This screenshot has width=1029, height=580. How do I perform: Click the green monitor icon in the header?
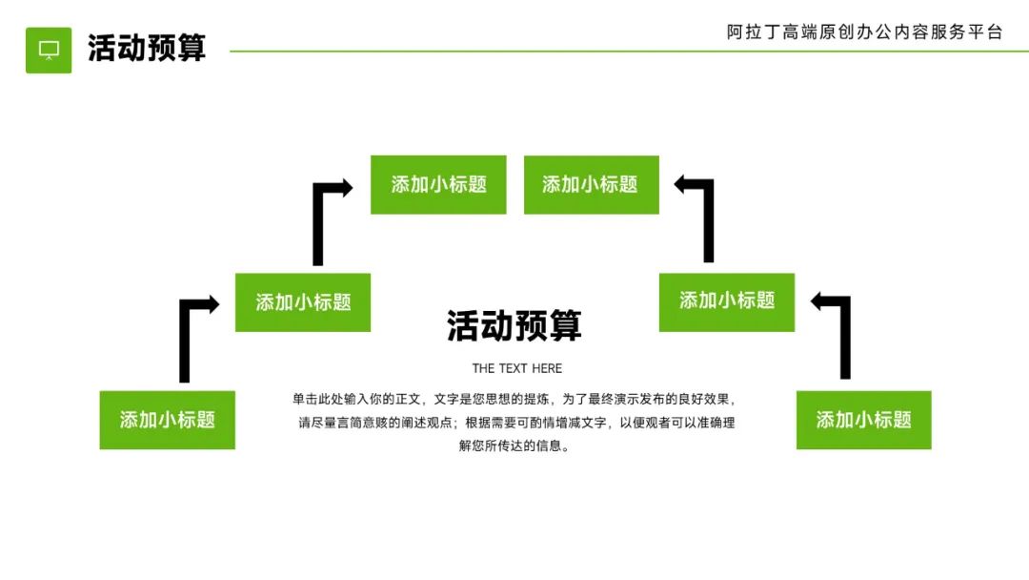tap(49, 50)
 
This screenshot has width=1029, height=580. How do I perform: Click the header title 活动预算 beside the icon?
tap(147, 49)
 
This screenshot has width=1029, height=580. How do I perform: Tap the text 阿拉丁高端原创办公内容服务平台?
tap(864, 32)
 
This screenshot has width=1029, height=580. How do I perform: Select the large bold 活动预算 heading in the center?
tap(514, 326)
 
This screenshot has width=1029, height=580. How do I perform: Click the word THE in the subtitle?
tap(483, 368)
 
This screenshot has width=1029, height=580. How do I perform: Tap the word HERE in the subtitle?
tap(547, 368)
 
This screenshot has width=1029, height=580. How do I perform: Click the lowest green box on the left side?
tap(167, 420)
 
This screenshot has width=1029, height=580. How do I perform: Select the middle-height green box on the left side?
tap(303, 302)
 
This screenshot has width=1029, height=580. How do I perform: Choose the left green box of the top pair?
tap(438, 185)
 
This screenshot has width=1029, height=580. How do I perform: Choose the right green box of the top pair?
tap(591, 185)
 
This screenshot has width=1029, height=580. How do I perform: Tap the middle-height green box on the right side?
tap(726, 301)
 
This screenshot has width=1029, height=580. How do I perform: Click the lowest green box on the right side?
tap(863, 420)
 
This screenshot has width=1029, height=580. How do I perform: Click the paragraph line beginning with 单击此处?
tap(514, 399)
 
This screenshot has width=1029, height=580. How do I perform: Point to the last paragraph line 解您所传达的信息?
tap(514, 445)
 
